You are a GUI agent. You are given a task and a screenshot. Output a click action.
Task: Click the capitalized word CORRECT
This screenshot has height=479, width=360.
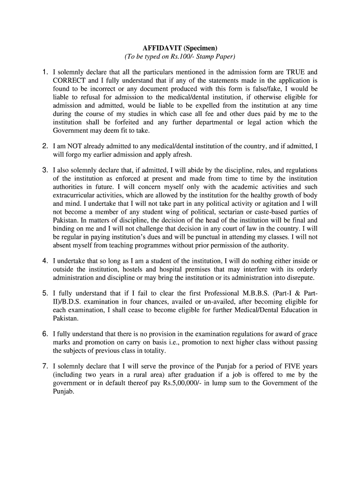coord(70,80)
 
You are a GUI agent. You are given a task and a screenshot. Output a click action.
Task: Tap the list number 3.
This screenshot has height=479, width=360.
coord(44,170)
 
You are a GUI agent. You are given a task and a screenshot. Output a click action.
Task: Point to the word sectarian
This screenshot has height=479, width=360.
coord(219,212)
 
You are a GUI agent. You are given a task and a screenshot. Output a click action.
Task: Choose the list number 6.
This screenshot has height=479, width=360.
coord(44,334)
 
